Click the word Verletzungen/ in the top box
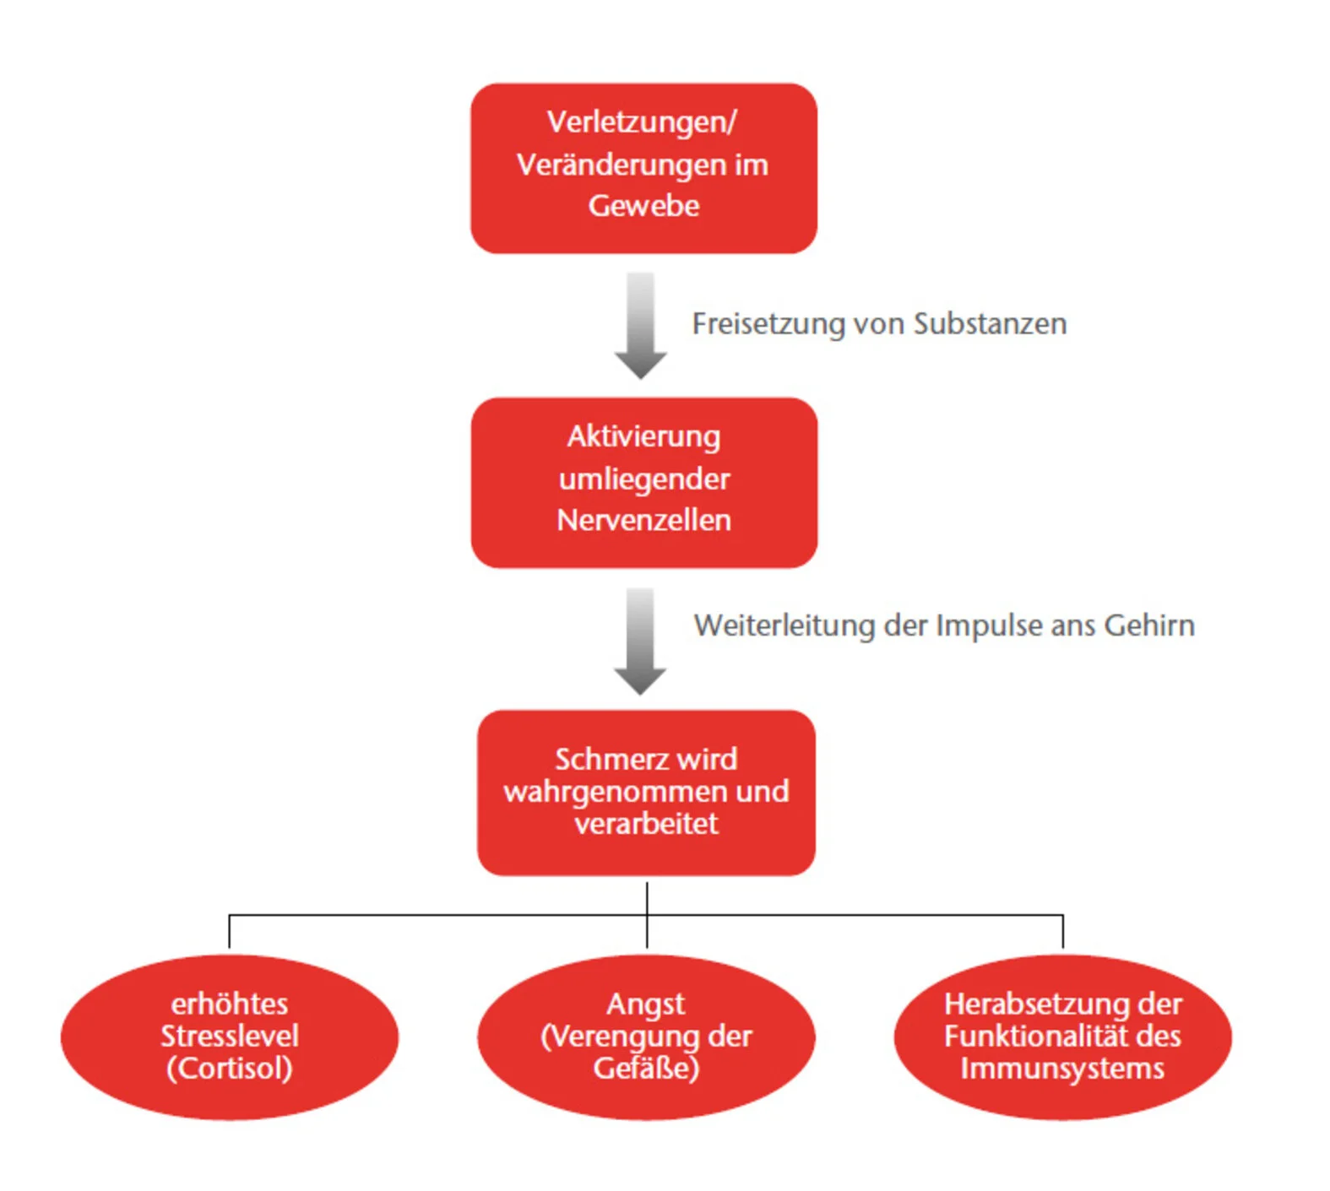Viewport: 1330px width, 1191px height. (641, 122)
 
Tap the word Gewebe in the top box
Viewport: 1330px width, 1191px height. (643, 206)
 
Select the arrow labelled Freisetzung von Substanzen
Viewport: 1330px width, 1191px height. (640, 325)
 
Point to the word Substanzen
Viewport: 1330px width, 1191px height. (990, 324)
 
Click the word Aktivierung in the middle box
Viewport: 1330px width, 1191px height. (643, 436)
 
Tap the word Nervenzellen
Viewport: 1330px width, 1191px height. (643, 520)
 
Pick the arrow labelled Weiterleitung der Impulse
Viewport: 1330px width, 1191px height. (639, 641)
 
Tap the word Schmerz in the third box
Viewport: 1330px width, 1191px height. (601, 759)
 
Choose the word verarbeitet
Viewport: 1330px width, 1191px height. (646, 823)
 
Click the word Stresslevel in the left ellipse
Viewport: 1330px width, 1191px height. (230, 1036)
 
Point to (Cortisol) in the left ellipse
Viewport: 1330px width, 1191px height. (230, 1069)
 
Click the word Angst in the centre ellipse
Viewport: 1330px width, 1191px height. (645, 1004)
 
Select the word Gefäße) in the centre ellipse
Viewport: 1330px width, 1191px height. (646, 1069)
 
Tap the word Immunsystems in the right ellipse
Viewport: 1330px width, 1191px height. (1061, 1069)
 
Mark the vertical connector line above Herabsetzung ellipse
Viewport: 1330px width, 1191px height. (1062, 931)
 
